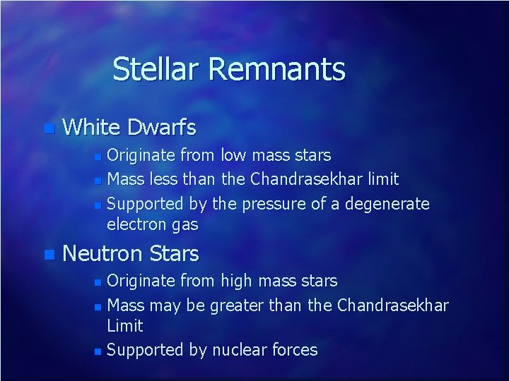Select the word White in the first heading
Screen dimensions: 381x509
(x=90, y=128)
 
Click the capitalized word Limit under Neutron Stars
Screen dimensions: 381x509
(x=124, y=326)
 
